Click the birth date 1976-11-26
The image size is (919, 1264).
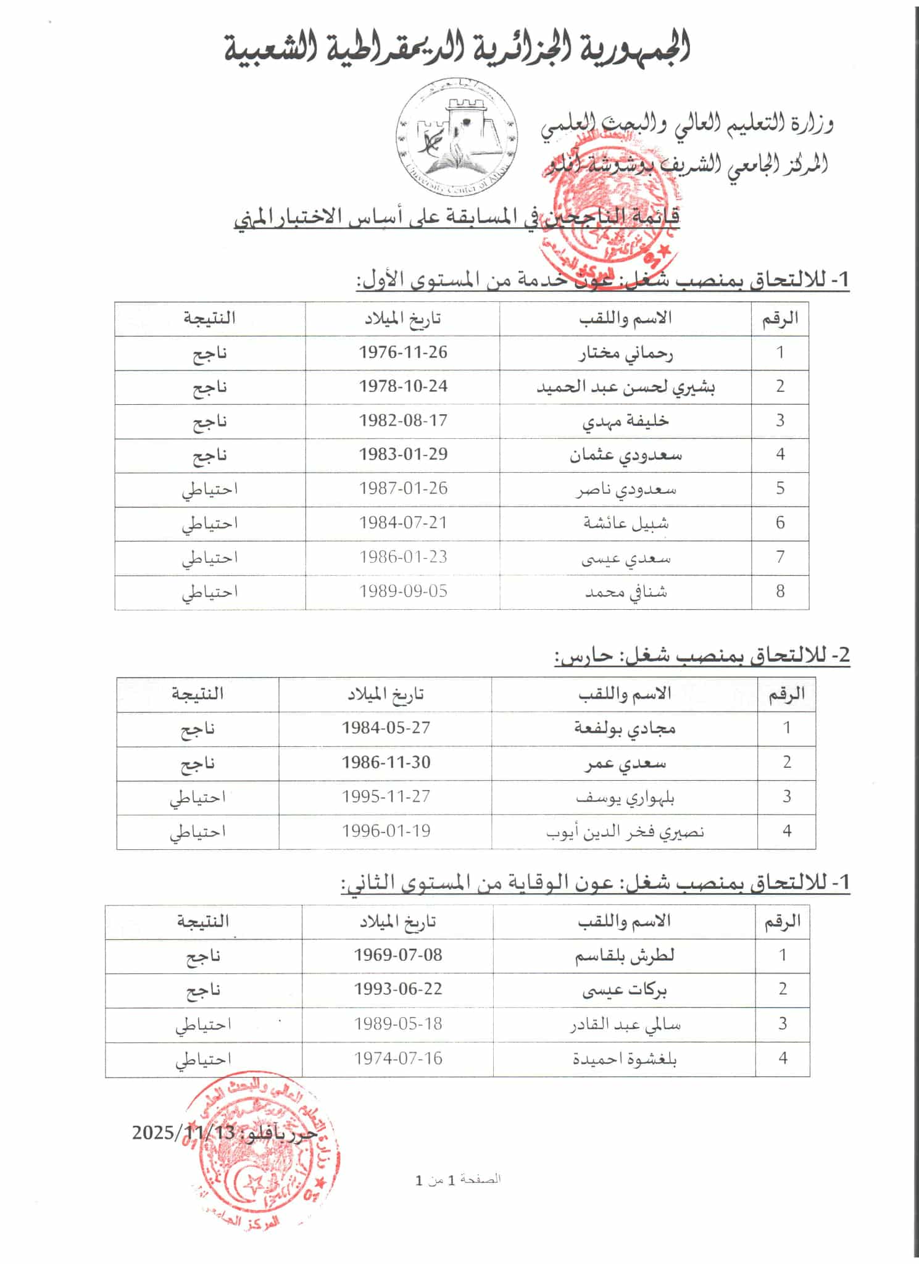pyautogui.click(x=403, y=352)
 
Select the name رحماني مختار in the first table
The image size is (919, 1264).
pyautogui.click(x=625, y=354)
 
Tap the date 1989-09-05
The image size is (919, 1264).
pyautogui.click(x=403, y=591)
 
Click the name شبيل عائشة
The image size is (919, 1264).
pyautogui.click(x=625, y=523)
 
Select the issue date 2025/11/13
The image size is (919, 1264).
pyautogui.click(x=183, y=1133)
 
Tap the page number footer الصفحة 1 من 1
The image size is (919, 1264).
pyautogui.click(x=458, y=1180)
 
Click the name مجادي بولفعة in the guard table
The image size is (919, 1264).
pyautogui.click(x=625, y=729)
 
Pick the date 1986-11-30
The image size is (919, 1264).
pyautogui.click(x=386, y=763)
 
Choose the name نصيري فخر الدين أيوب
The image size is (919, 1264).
pyautogui.click(x=625, y=832)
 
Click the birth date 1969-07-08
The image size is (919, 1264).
pyautogui.click(x=398, y=955)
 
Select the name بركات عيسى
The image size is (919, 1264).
pyautogui.click(x=625, y=990)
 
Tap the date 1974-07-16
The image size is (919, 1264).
pyautogui.click(x=398, y=1058)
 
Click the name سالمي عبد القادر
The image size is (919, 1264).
pyautogui.click(x=625, y=1025)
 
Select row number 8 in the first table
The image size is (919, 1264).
pyautogui.click(x=780, y=591)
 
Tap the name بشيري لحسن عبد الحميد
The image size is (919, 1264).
pyautogui.click(x=625, y=388)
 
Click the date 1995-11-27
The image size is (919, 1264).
pyautogui.click(x=386, y=797)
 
